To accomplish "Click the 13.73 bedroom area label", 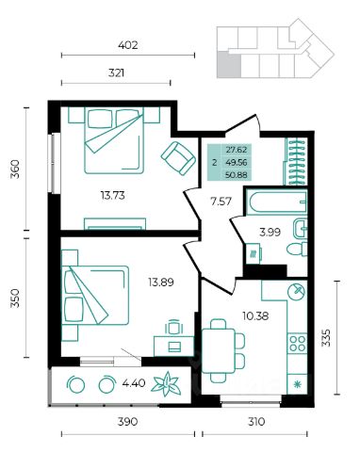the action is tap(113, 196).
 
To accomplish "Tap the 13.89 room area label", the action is tap(161, 282).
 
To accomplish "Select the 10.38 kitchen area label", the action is tap(255, 315).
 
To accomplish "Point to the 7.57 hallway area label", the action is tap(221, 202).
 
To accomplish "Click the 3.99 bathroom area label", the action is tap(270, 233).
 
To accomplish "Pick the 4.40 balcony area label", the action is tap(134, 383).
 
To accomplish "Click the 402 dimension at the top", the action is tap(128, 45).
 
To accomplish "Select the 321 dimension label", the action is tap(116, 73).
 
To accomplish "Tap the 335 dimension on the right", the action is tap(327, 338).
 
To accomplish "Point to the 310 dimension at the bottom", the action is tap(256, 422).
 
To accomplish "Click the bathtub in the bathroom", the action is tap(277, 202).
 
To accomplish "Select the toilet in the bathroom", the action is tap(297, 249).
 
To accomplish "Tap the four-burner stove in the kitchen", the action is tap(298, 343).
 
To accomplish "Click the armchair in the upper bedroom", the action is tap(178, 158).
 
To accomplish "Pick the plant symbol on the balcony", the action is tap(166, 384).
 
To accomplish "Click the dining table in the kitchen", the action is tap(219, 350).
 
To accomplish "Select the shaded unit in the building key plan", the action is tap(229, 65).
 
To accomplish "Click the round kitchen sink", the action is tap(296, 292).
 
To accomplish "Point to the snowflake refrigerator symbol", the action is tap(297, 383).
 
